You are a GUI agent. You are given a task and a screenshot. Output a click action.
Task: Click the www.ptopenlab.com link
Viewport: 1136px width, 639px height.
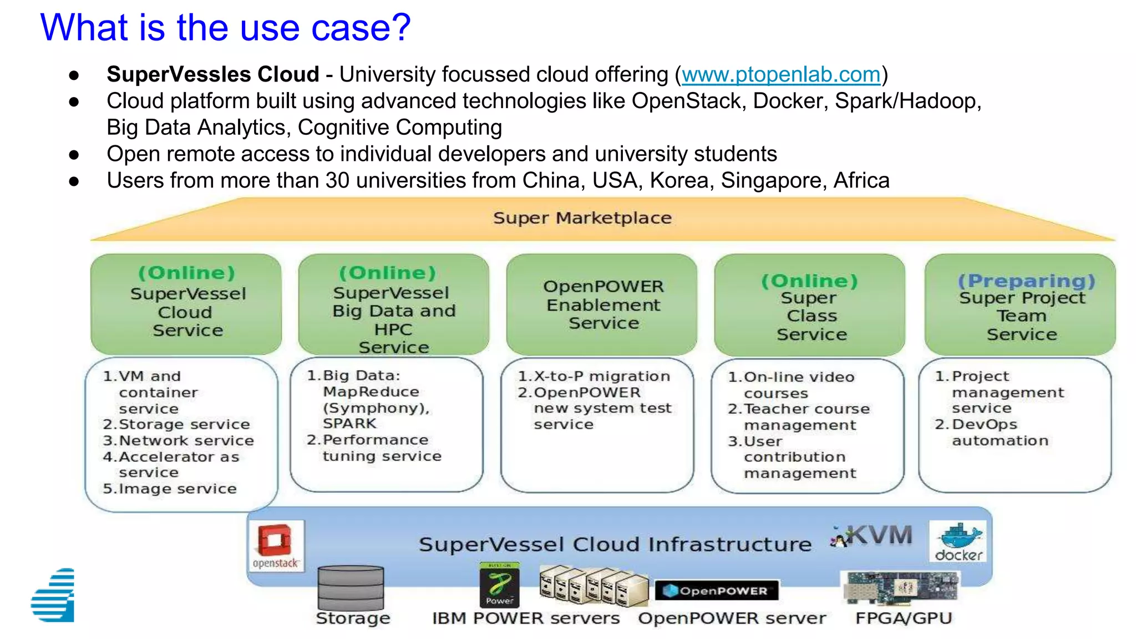[x=780, y=74]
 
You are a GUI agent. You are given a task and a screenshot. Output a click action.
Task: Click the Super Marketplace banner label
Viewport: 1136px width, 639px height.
[x=582, y=218]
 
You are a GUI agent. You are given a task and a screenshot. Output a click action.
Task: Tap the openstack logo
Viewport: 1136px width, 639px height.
[x=276, y=546]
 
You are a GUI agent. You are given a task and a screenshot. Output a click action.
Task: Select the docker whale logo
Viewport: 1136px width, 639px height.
[x=958, y=541]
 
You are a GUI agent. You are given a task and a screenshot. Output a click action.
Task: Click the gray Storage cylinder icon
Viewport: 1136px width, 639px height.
[x=351, y=587]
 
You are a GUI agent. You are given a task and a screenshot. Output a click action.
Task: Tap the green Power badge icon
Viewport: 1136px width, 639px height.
[x=499, y=585]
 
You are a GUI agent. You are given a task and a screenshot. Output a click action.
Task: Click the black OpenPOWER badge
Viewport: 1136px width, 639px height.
[x=717, y=591]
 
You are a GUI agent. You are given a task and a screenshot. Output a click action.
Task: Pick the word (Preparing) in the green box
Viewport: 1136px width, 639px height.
[x=1026, y=281]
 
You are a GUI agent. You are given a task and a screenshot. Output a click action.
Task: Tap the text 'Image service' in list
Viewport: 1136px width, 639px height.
[x=177, y=489]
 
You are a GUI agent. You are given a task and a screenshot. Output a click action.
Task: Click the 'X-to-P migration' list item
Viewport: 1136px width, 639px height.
[x=601, y=376]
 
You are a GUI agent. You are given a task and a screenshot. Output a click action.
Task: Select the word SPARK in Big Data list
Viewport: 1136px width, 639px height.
[x=349, y=423]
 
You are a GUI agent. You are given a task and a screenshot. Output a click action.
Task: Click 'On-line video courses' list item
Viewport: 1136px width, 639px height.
[x=798, y=385]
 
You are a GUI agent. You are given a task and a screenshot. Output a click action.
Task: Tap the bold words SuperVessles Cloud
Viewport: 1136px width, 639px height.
[x=212, y=74]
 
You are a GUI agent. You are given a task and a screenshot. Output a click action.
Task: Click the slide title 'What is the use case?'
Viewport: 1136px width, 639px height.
[x=225, y=27]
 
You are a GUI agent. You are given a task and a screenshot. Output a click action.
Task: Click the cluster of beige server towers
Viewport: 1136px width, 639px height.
[x=593, y=586]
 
